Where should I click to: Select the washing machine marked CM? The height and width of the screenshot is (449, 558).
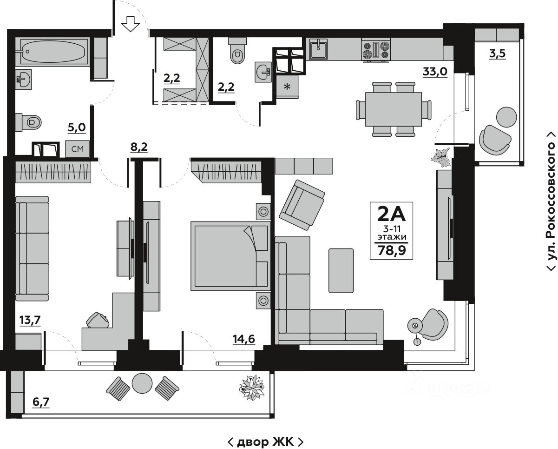click(x=77, y=149)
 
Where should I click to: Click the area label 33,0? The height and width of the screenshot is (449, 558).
click(x=435, y=72)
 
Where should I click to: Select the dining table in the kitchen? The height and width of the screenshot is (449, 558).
click(x=393, y=109)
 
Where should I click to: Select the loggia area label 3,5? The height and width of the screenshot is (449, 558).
click(x=497, y=53)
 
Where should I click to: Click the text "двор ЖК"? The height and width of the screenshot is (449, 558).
click(x=266, y=441)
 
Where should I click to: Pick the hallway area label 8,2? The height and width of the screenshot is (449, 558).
click(x=139, y=147)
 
